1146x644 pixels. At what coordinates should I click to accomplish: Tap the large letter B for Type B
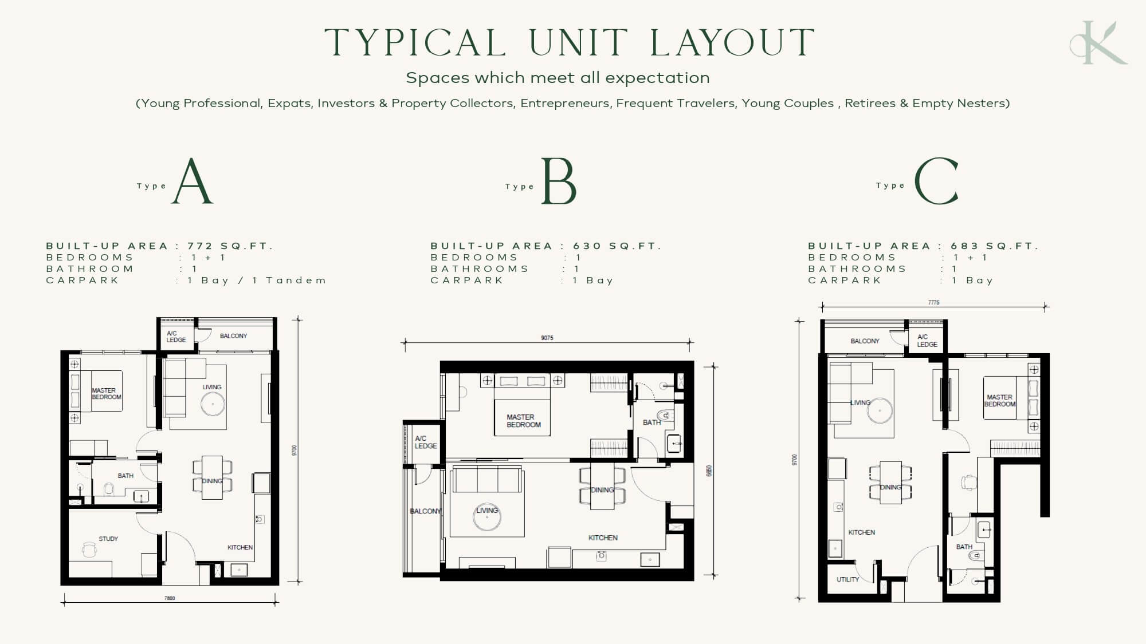click(x=559, y=181)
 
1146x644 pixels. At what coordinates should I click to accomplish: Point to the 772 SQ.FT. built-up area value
click(x=230, y=246)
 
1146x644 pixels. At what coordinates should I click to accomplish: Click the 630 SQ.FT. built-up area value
click(x=617, y=246)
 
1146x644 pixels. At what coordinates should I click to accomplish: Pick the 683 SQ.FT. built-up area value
click(x=995, y=246)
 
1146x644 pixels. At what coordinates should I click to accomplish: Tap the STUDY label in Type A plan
click(x=108, y=539)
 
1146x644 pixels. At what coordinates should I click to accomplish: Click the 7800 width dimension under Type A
click(x=170, y=598)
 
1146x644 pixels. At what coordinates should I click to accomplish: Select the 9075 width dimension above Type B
click(x=547, y=338)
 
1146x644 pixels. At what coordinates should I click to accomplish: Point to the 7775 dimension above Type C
click(x=934, y=302)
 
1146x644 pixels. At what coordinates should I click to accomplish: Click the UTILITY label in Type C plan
click(x=847, y=579)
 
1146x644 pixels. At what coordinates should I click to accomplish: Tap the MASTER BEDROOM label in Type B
click(x=524, y=421)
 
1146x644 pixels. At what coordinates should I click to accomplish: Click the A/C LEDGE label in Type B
click(x=426, y=442)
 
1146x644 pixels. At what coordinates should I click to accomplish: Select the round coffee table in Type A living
click(x=213, y=404)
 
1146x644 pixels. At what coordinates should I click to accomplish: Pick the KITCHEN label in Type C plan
click(x=862, y=532)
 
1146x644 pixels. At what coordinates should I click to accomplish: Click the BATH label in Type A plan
click(x=125, y=476)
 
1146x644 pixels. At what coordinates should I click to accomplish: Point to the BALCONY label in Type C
click(x=865, y=341)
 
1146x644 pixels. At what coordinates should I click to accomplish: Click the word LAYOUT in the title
click(x=733, y=42)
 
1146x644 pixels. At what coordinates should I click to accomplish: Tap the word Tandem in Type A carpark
click(x=296, y=280)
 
